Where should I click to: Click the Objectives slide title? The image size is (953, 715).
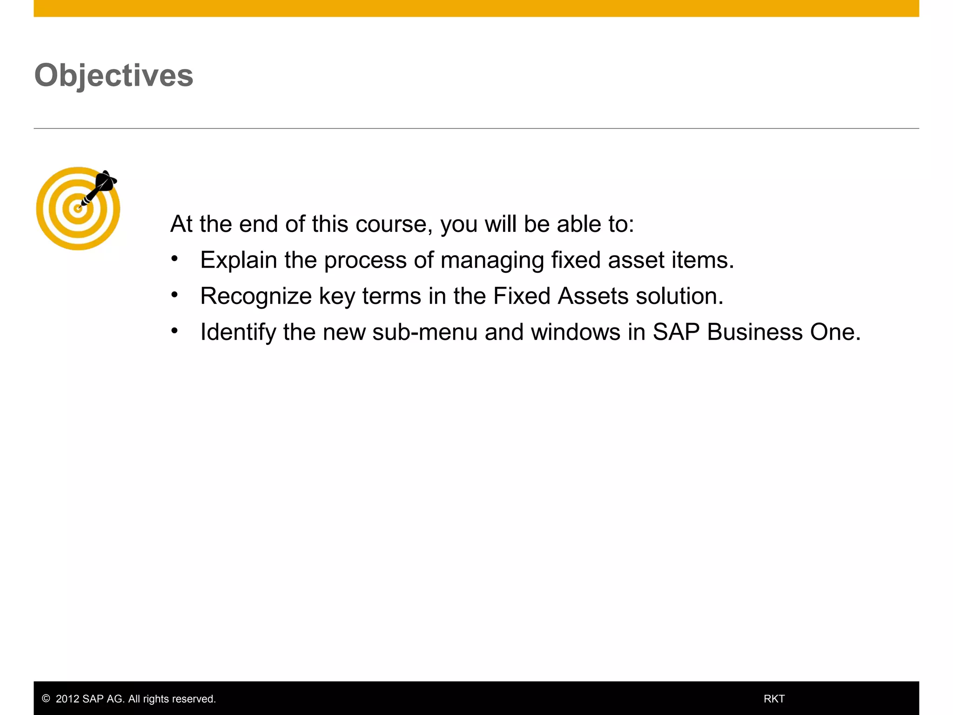click(x=114, y=75)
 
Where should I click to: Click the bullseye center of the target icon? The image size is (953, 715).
click(x=78, y=209)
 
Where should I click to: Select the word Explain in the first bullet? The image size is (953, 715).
click(x=238, y=260)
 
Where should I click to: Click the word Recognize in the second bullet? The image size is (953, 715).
click(x=255, y=296)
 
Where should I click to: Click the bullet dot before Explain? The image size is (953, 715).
click(x=174, y=259)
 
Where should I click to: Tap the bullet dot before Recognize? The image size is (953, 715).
click(x=174, y=295)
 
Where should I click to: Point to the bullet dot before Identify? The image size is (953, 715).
click(x=174, y=331)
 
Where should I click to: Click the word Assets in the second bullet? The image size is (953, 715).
click(x=593, y=296)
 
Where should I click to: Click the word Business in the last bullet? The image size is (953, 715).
click(x=754, y=332)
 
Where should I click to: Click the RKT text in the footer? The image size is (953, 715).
click(x=774, y=699)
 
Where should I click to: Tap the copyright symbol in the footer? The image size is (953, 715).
click(x=46, y=699)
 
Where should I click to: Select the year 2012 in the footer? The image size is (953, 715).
click(x=67, y=699)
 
